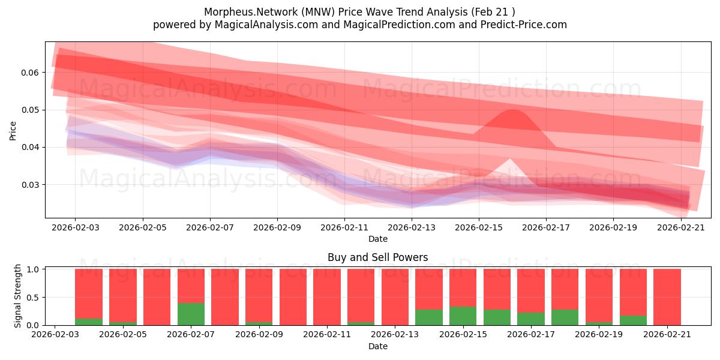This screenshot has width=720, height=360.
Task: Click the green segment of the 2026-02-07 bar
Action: [x=191, y=314]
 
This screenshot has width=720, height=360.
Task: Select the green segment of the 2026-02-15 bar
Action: [x=463, y=316]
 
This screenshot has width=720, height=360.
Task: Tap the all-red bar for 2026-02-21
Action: [x=667, y=297]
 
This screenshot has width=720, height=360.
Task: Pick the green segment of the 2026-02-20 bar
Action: [x=633, y=320]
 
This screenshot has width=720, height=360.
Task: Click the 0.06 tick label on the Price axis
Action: [x=30, y=73]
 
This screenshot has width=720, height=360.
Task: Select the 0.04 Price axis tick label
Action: [x=30, y=147]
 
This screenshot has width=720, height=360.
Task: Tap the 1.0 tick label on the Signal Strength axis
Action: [x=32, y=269]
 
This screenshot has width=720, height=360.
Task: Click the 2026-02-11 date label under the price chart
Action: [x=344, y=227]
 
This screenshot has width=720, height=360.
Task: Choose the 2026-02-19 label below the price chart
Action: [x=613, y=227]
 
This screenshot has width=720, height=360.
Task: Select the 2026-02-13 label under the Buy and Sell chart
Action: [x=395, y=334]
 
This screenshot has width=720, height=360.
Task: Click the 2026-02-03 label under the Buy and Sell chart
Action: [x=55, y=334]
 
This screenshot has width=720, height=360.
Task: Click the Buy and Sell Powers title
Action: [x=377, y=257]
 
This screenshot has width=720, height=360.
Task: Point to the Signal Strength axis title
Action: [x=17, y=296]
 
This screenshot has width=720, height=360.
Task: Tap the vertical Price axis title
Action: [x=13, y=131]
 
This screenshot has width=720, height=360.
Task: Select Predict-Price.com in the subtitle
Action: [x=524, y=25]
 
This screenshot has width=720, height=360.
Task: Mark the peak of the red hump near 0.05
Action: [x=513, y=110]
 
